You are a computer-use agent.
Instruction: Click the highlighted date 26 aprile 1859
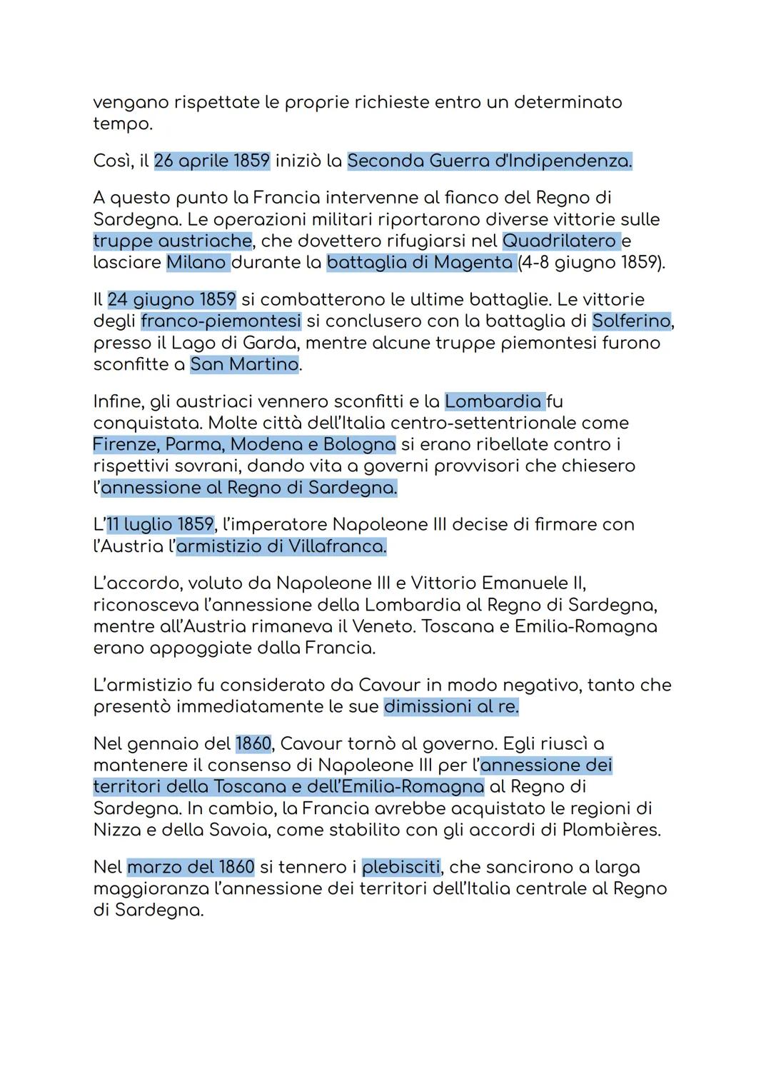click(x=211, y=161)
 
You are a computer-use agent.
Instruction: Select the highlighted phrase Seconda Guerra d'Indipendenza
click(x=489, y=161)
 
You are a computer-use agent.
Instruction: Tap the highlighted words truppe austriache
click(x=172, y=241)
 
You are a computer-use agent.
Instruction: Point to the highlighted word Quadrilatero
click(x=559, y=241)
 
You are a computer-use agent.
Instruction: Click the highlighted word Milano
click(x=196, y=262)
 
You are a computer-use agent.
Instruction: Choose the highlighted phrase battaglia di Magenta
click(x=420, y=262)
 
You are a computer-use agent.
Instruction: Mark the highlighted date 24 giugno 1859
click(x=171, y=299)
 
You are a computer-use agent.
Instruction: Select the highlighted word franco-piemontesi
click(x=221, y=321)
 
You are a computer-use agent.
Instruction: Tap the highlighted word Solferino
click(x=631, y=321)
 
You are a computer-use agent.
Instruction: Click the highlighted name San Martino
click(x=244, y=364)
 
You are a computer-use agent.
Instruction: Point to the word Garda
click(x=271, y=343)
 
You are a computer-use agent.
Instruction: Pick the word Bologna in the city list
click(x=359, y=444)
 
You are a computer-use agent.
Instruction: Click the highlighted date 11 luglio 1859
click(x=160, y=524)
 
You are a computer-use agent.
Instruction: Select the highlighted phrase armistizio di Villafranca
click(x=281, y=546)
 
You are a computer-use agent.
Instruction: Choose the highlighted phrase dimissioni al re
click(x=451, y=706)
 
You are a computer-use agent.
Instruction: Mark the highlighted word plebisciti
click(x=401, y=867)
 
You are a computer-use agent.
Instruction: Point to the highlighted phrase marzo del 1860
click(x=191, y=867)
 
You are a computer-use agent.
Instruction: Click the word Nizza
click(x=114, y=830)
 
